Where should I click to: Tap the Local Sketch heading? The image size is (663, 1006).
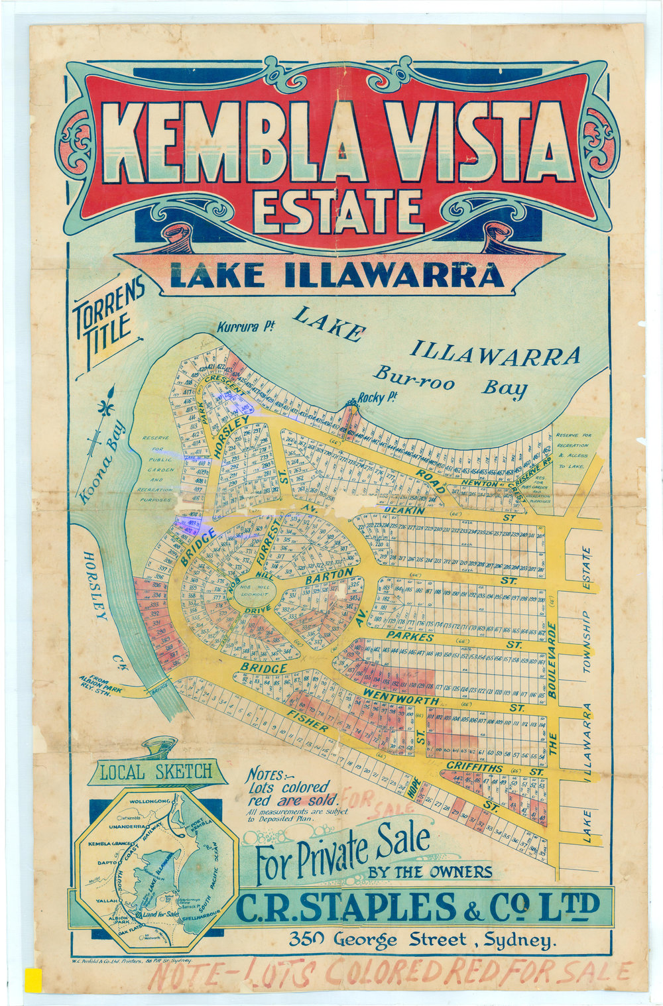click(156, 771)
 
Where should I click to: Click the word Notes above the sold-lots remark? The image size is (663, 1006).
click(268, 775)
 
